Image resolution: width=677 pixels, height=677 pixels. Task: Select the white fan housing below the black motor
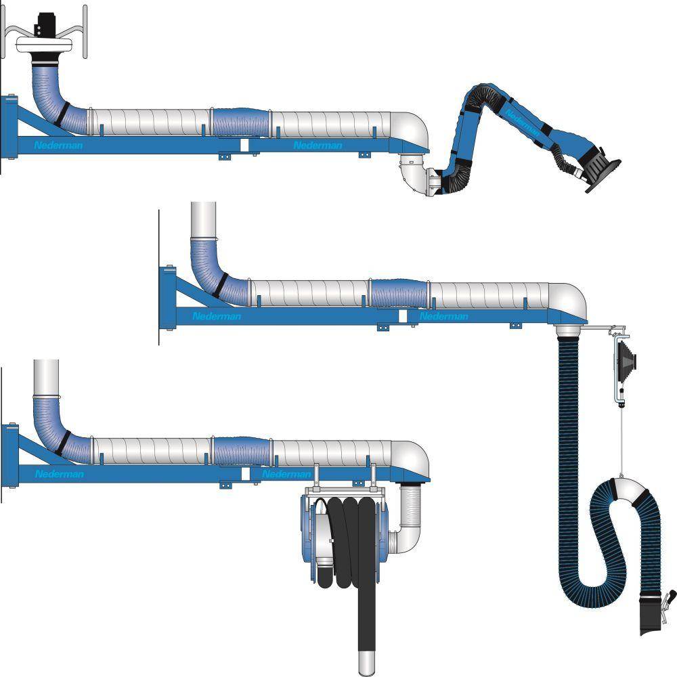(x=43, y=45)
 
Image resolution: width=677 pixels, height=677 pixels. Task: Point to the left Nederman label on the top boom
(x=58, y=145)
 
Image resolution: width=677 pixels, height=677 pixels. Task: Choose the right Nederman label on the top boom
(x=318, y=145)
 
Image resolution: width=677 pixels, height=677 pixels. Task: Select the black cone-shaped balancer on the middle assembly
(x=627, y=357)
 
